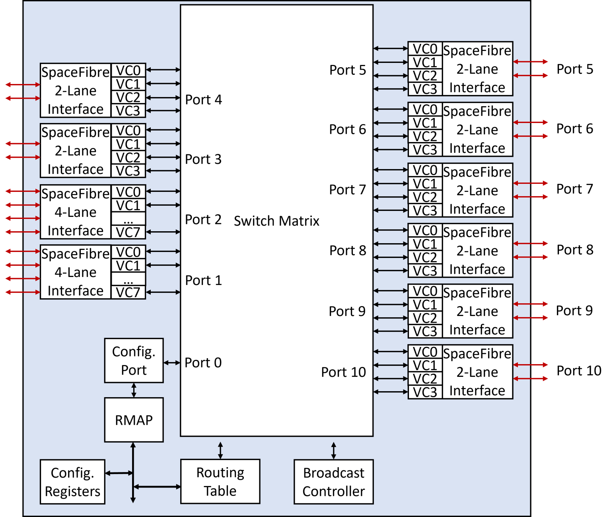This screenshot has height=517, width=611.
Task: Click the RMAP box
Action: (134, 420)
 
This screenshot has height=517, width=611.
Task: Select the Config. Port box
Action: (134, 361)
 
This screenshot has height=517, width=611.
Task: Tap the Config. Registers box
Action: (72, 482)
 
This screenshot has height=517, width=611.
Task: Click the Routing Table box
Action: (220, 482)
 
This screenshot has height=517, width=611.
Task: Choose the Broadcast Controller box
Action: (333, 482)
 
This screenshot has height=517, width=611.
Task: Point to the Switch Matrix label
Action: (276, 221)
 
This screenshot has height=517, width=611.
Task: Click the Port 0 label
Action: (203, 363)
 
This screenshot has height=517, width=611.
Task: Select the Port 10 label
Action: (343, 372)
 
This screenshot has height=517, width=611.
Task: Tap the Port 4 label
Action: (203, 99)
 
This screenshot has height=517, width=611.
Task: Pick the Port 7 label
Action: (347, 190)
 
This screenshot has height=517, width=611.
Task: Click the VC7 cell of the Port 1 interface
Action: (128, 293)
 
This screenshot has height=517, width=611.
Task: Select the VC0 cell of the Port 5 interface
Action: (425, 49)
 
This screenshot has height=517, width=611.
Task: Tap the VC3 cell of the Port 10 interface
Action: (425, 392)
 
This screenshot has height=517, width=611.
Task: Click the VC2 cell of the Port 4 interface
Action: (128, 98)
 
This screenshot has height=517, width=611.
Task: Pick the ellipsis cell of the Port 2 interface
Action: (128, 219)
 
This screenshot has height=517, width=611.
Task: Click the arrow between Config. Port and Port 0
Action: (172, 363)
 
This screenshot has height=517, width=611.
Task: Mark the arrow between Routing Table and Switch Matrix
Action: (220, 451)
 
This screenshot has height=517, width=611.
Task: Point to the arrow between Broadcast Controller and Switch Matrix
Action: (333, 451)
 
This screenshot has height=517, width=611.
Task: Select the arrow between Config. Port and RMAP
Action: (134, 390)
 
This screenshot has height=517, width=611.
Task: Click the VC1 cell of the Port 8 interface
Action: (425, 244)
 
